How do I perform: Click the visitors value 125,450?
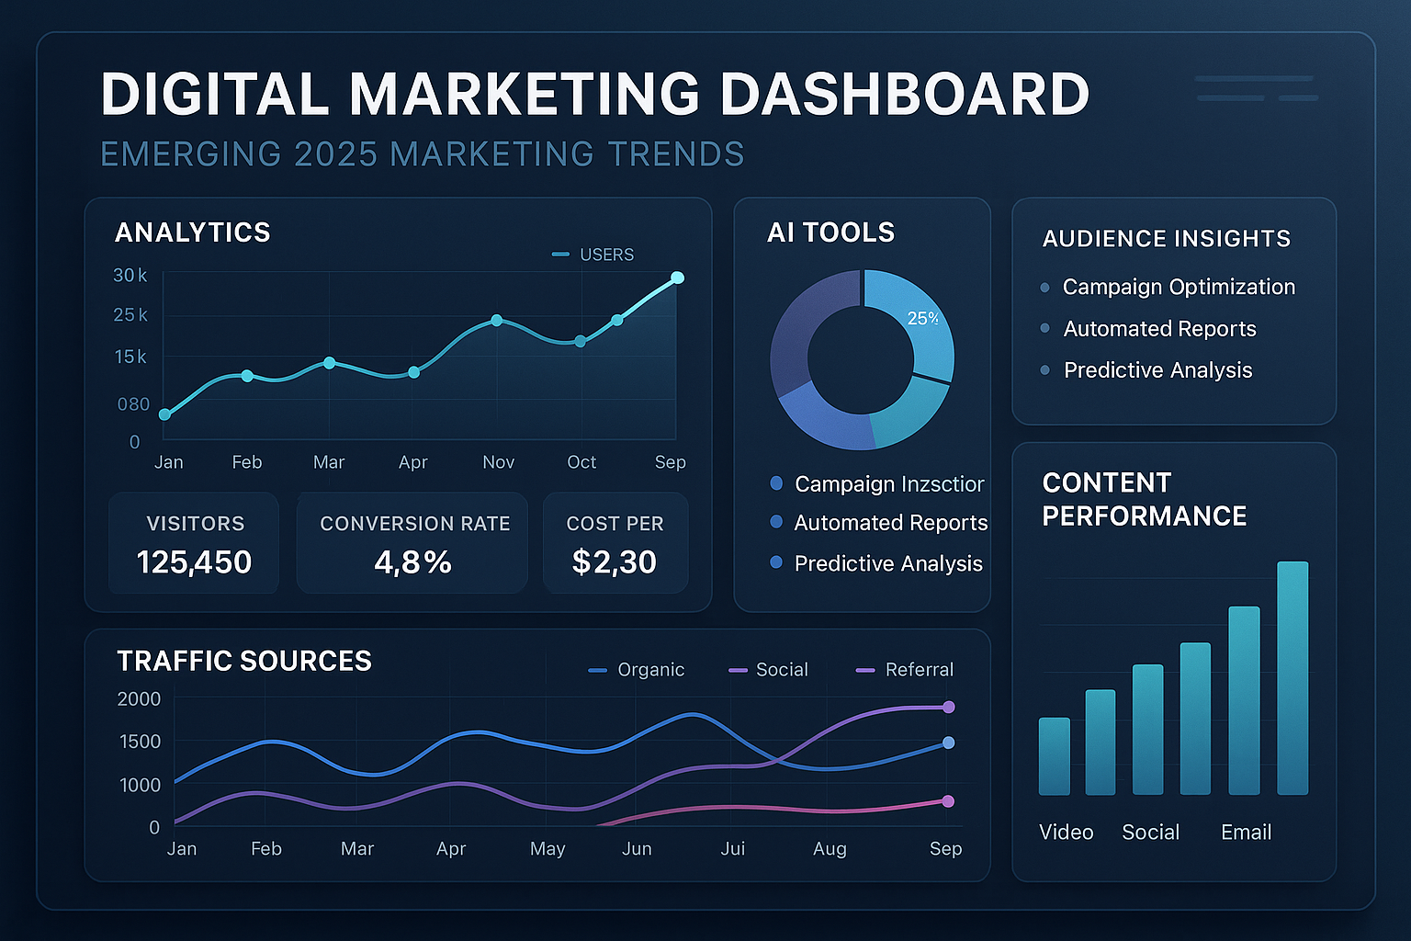pyautogui.click(x=194, y=561)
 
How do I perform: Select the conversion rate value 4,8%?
pyautogui.click(x=412, y=561)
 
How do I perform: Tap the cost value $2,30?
pyautogui.click(x=614, y=561)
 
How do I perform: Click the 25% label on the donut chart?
pyautogui.click(x=922, y=318)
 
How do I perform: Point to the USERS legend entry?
pyautogui.click(x=594, y=255)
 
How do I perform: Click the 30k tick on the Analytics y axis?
pyautogui.click(x=130, y=275)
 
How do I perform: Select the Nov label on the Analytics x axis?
pyautogui.click(x=498, y=462)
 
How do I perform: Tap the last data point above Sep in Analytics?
pyautogui.click(x=677, y=278)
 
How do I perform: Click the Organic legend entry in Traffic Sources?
pyautogui.click(x=637, y=670)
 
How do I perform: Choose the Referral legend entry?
pyautogui.click(x=905, y=670)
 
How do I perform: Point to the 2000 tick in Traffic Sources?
pyautogui.click(x=139, y=698)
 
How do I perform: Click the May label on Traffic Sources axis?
pyautogui.click(x=547, y=848)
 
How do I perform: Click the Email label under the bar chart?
pyautogui.click(x=1246, y=832)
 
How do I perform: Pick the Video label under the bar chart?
pyautogui.click(x=1066, y=832)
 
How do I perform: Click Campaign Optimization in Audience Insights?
pyautogui.click(x=1179, y=287)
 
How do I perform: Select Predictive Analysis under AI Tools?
pyautogui.click(x=887, y=563)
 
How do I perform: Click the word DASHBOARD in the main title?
pyautogui.click(x=904, y=94)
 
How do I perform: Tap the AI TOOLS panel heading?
pyautogui.click(x=830, y=232)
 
